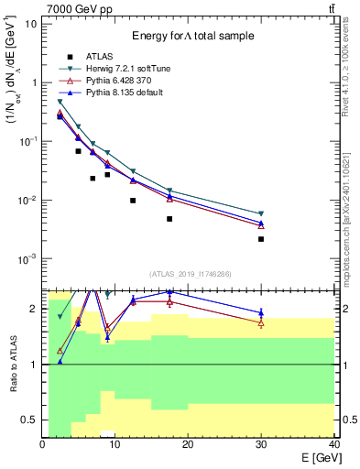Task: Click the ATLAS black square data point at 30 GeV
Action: (261, 239)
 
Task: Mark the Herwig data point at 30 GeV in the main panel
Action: (261, 214)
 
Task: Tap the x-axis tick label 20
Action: (188, 444)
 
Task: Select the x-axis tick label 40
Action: (333, 444)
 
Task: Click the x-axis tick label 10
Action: (115, 444)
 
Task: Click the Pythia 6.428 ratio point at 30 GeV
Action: (261, 323)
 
